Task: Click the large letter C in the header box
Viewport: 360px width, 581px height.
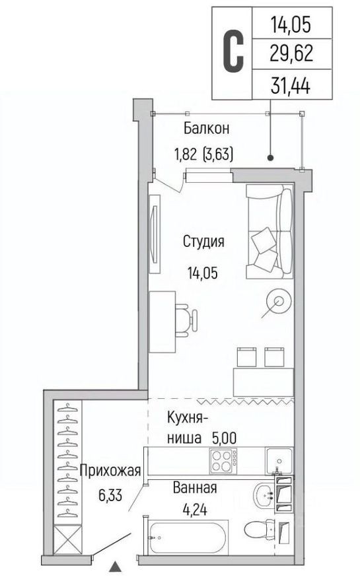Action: [232, 49]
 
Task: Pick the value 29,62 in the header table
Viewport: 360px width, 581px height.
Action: [290, 54]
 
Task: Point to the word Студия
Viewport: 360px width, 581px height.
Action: [203, 242]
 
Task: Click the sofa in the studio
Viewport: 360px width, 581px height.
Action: [269, 232]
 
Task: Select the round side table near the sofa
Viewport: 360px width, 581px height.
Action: [278, 302]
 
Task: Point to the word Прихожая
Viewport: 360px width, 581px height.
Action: [111, 471]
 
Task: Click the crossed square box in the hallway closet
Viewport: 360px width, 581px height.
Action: [68, 540]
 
